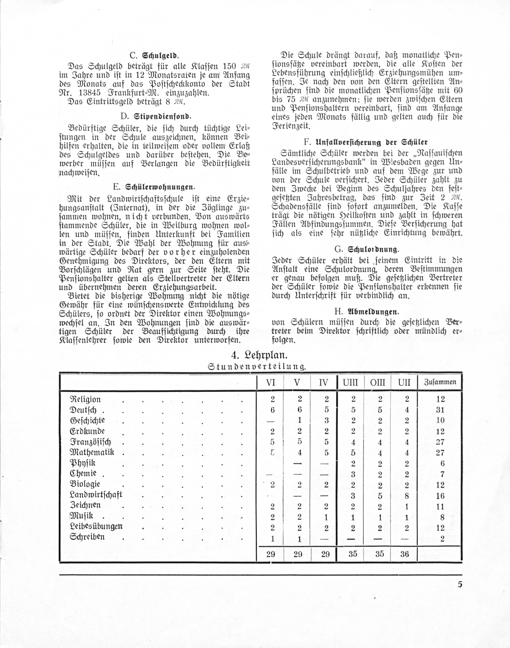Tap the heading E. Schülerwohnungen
[x=154, y=187]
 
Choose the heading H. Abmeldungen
[x=367, y=312]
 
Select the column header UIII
[x=350, y=382]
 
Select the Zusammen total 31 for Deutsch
[x=440, y=410]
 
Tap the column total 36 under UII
[x=405, y=554]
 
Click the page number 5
[x=460, y=584]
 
